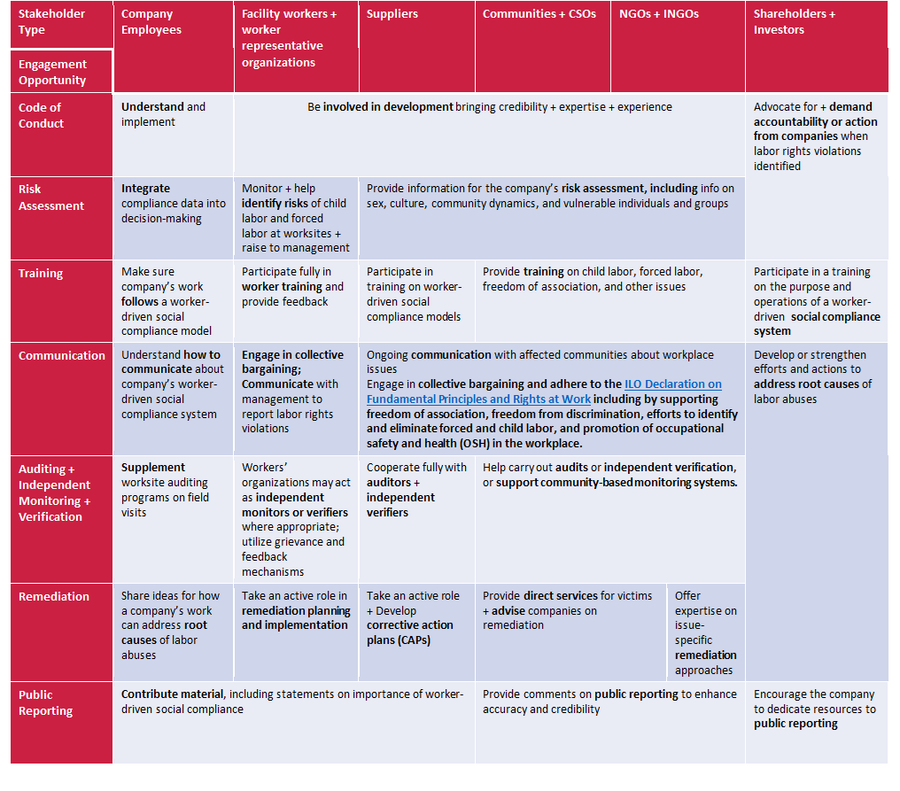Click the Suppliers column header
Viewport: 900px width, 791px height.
click(x=392, y=14)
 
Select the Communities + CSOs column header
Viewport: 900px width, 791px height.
click(x=539, y=14)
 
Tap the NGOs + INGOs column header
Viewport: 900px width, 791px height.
click(x=656, y=14)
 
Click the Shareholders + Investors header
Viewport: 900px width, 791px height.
click(x=795, y=22)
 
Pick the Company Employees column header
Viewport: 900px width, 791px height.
click(x=151, y=22)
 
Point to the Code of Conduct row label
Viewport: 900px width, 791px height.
click(x=42, y=115)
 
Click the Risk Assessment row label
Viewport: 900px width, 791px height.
click(x=51, y=197)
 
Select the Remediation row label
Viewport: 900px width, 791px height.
click(x=54, y=596)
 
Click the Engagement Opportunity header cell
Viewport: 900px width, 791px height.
click(x=53, y=72)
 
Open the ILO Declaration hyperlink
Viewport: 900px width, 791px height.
click(x=544, y=392)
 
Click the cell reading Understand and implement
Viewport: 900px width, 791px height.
click(x=163, y=114)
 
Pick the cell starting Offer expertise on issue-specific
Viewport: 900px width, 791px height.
click(x=706, y=632)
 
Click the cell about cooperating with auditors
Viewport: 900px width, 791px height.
click(x=416, y=489)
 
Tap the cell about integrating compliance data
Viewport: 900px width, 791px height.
click(x=173, y=203)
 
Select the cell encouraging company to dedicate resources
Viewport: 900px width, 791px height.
click(x=814, y=709)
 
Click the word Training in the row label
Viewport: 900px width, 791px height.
click(x=41, y=273)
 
